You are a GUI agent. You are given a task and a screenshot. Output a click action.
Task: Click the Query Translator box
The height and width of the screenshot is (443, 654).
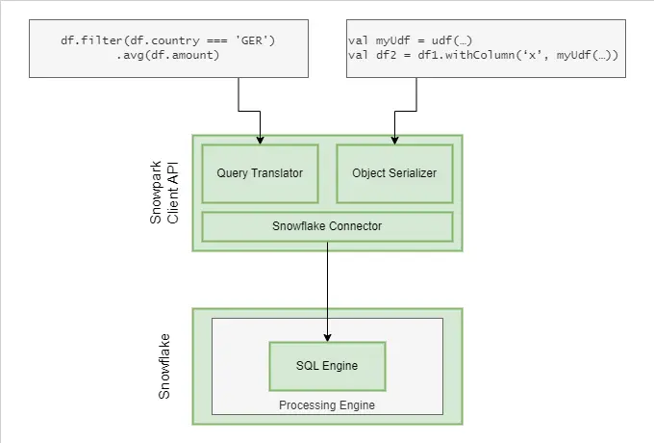[260, 173]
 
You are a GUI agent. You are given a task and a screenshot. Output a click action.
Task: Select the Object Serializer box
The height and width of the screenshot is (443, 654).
[394, 173]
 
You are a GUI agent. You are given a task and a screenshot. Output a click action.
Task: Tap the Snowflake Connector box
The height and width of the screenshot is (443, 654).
[327, 226]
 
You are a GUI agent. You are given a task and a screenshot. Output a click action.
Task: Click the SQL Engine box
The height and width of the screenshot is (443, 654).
[327, 366]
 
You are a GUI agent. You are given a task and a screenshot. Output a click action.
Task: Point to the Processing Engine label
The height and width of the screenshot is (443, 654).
[327, 405]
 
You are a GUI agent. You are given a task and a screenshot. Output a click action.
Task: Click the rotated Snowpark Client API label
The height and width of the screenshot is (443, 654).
[164, 193]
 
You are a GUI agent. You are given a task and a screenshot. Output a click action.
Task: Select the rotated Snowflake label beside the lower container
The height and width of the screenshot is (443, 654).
[164, 366]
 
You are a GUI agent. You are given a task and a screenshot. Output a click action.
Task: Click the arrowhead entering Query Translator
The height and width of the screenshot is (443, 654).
[260, 140]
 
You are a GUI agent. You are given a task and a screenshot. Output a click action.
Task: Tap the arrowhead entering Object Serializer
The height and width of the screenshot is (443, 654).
[394, 140]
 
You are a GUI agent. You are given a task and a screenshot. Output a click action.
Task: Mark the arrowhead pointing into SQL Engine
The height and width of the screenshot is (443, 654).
[327, 336]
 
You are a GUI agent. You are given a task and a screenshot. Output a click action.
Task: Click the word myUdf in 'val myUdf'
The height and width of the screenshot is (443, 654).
[389, 39]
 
